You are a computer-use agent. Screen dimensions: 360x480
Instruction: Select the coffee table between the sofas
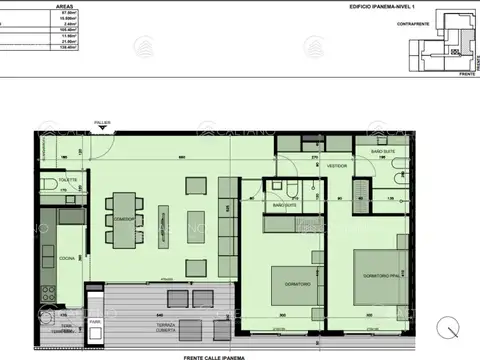200,220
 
